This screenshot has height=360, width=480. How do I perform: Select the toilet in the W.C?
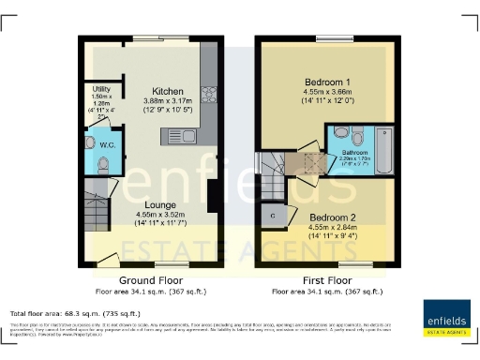103,163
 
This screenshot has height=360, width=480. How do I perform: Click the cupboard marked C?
273,216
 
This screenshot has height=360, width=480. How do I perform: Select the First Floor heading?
324,280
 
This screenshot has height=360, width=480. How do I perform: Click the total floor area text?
75,312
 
